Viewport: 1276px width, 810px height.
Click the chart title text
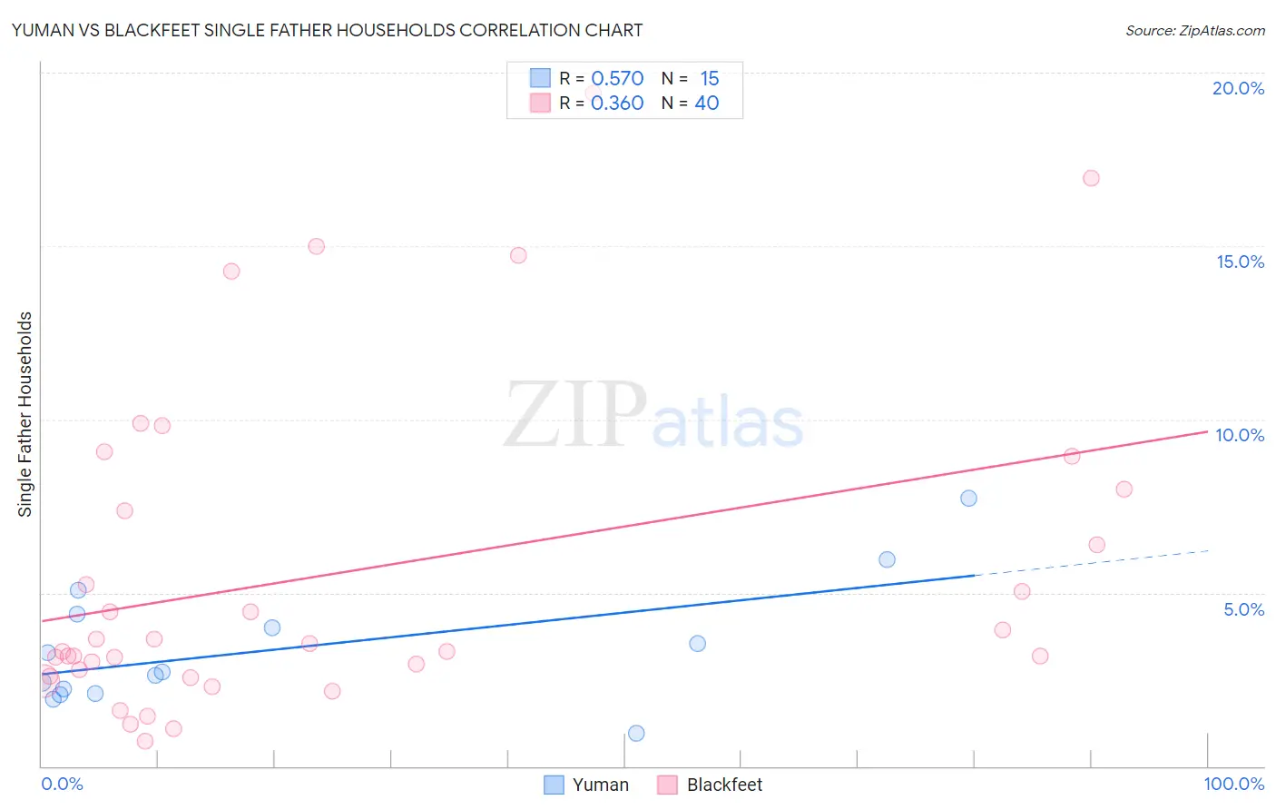point(327,30)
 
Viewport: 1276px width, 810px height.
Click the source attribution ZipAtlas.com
point(1194,30)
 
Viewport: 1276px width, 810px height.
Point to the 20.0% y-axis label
point(1238,88)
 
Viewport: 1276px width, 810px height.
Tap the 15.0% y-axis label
point(1240,262)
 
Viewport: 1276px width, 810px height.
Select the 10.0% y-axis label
point(1240,435)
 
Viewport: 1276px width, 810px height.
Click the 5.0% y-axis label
point(1243,609)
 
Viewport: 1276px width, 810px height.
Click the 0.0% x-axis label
point(62,784)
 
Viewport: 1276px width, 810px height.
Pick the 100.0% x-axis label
point(1233,784)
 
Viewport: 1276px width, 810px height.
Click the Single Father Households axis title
point(25,414)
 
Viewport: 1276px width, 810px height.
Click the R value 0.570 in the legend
point(617,78)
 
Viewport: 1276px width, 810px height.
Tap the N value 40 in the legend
point(706,103)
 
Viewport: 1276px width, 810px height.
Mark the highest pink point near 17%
point(1091,178)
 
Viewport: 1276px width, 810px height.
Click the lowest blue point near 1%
point(636,733)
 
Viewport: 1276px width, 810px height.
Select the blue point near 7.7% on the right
point(968,498)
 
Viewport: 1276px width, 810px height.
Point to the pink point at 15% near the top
point(316,246)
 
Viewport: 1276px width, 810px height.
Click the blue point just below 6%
point(887,559)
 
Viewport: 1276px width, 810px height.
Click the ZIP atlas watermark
point(653,416)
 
